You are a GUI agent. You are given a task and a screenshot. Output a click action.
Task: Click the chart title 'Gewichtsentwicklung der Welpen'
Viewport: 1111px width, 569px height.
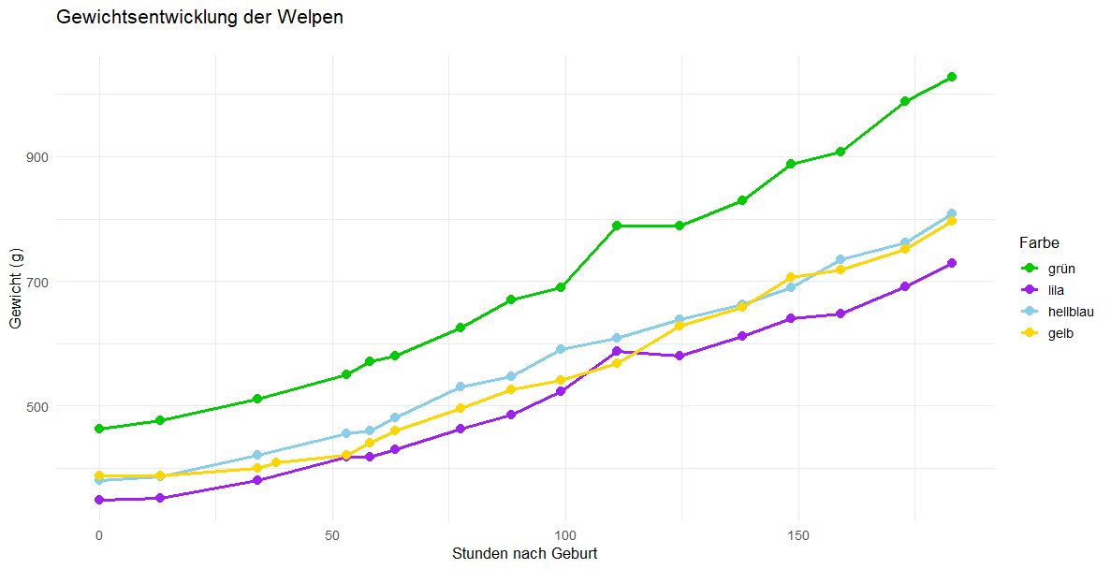[x=200, y=18]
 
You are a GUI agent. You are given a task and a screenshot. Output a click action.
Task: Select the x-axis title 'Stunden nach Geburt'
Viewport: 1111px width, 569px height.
[x=524, y=553]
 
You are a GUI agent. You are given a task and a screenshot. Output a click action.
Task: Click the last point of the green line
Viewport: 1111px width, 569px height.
[x=952, y=77]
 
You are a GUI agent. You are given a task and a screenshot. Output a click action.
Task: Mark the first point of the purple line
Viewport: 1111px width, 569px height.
[x=98, y=501]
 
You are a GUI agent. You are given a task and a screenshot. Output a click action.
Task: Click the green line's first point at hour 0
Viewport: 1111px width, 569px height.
[x=98, y=429]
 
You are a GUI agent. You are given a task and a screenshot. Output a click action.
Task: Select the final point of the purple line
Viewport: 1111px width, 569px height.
[x=952, y=263]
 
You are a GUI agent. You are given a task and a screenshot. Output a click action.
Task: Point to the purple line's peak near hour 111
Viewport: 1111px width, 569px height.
[x=617, y=351]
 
